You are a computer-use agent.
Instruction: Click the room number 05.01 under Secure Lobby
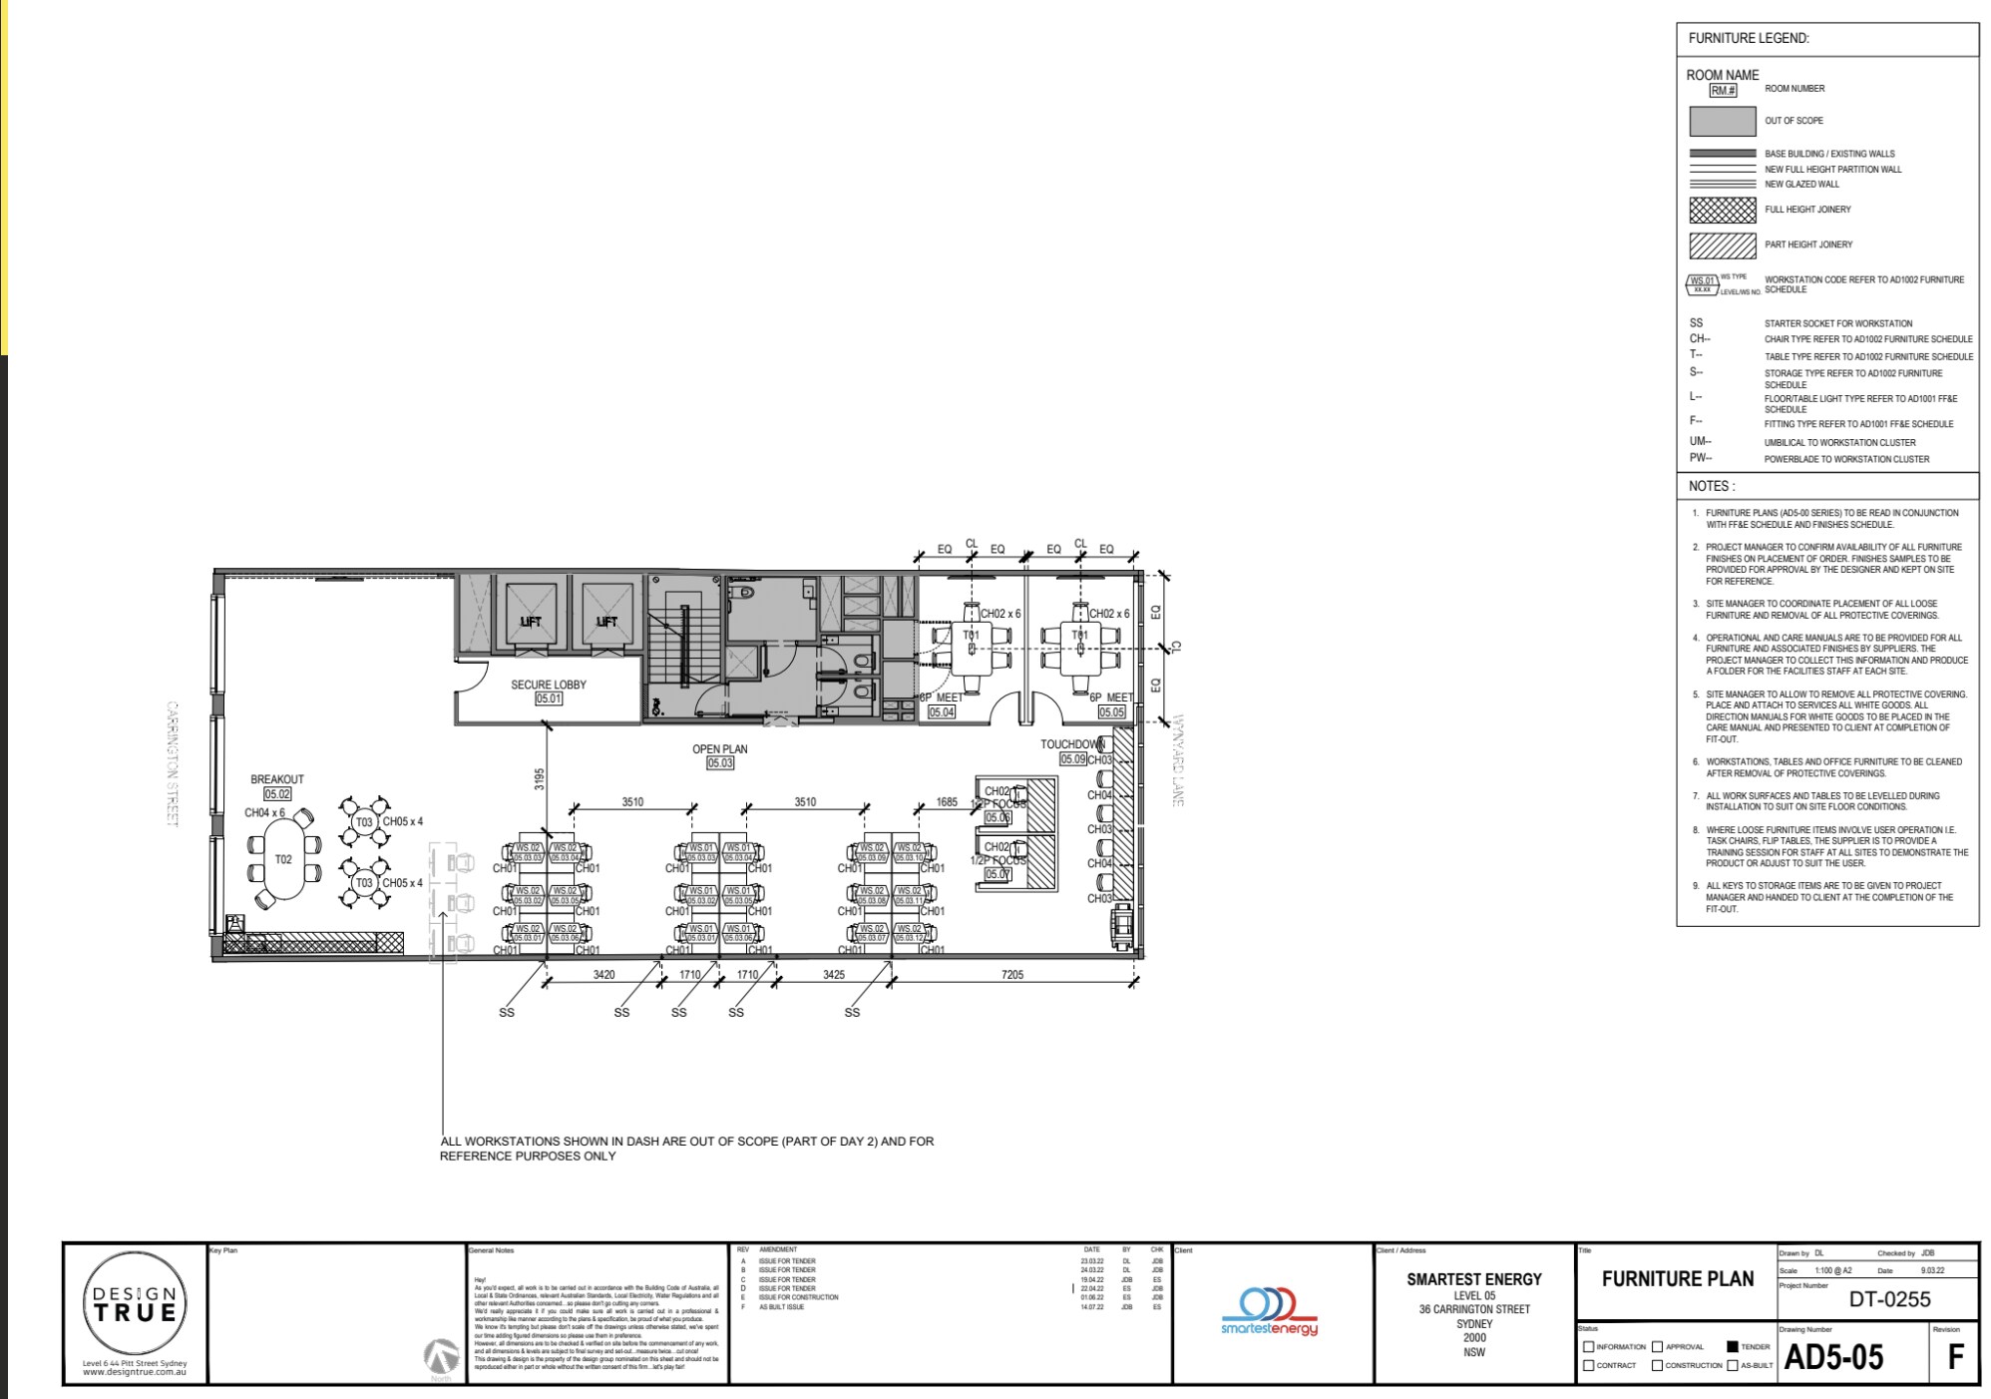[549, 699]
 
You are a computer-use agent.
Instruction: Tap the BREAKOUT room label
[277, 779]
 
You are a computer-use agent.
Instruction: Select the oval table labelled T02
[283, 860]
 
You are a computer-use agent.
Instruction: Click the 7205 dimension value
[1011, 975]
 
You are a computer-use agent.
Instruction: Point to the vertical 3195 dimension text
[539, 779]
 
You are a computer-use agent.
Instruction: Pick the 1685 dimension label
[947, 802]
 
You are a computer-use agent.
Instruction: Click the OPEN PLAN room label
[719, 749]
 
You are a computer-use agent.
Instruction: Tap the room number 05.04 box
[942, 712]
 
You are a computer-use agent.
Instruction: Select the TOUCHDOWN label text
[1072, 744]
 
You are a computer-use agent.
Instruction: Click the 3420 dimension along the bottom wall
[603, 975]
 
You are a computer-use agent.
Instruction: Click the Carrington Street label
[172, 763]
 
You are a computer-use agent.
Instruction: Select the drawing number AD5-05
[1833, 1358]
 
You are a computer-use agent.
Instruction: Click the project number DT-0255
[1889, 1299]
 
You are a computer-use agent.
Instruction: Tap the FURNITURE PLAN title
[1677, 1279]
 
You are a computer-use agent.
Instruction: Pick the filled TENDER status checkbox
[1733, 1346]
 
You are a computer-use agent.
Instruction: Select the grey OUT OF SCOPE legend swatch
[1722, 121]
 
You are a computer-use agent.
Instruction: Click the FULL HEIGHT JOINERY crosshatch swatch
[1722, 210]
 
